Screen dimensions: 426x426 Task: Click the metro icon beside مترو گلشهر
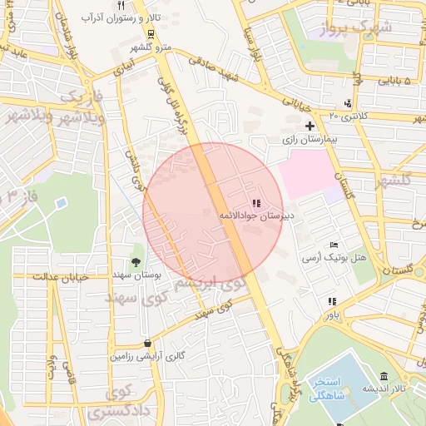[x=151, y=34]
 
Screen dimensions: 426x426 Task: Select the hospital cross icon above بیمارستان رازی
[x=310, y=126]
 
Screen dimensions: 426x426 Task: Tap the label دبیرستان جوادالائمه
[x=250, y=215]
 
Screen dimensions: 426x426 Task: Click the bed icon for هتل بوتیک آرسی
[x=334, y=245]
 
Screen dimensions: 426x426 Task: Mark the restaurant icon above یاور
[x=332, y=301]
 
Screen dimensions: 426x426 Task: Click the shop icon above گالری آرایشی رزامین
[x=147, y=343]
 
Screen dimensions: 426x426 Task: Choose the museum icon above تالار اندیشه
[x=383, y=376]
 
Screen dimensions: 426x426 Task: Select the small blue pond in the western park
[x=60, y=202]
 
